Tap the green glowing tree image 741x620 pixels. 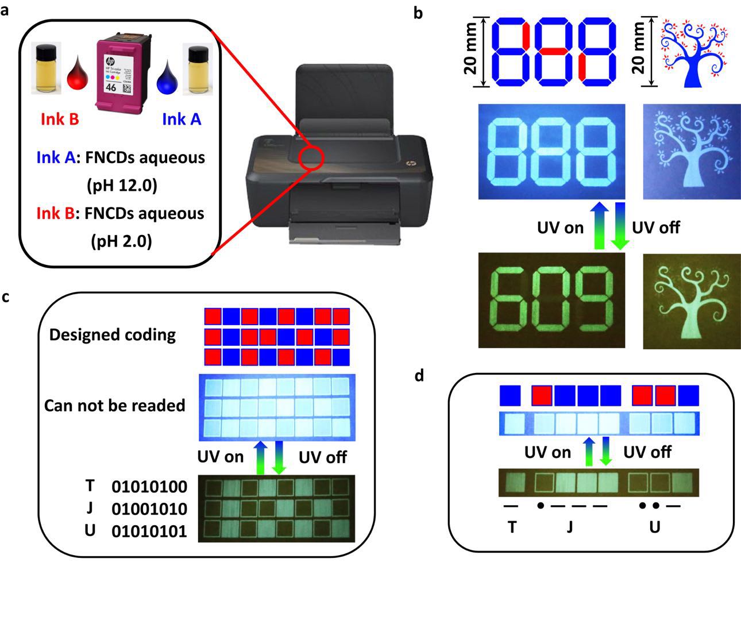coord(692,301)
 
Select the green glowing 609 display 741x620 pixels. coord(551,301)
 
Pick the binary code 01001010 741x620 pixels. coord(149,509)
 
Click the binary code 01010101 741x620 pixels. coord(149,531)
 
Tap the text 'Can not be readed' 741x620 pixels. coord(114,405)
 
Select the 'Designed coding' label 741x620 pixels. coord(112,334)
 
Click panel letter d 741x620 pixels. coord(419,376)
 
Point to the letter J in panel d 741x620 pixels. coord(569,526)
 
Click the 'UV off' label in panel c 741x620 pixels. coord(323,457)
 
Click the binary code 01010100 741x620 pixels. coord(149,487)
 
